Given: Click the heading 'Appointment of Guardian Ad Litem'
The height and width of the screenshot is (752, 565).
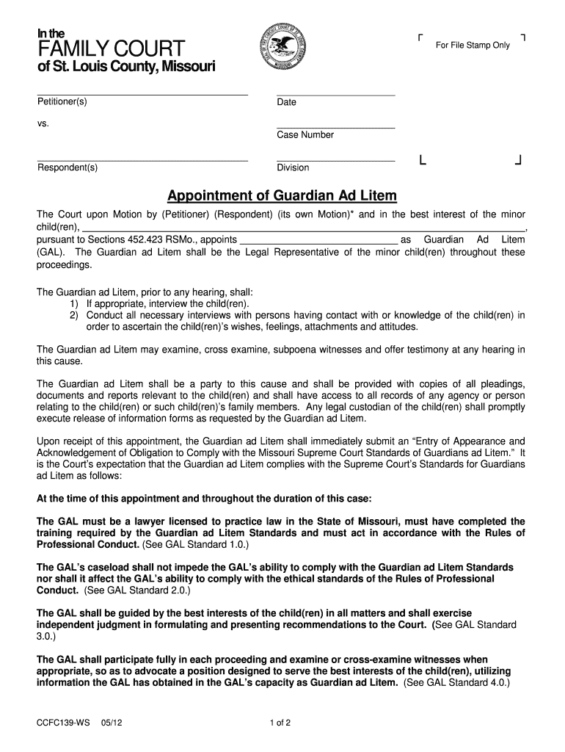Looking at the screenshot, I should click(x=282, y=196).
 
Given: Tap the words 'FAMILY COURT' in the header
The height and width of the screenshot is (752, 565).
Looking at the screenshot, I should click(x=111, y=49).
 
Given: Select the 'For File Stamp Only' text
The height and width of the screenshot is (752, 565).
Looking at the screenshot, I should click(x=473, y=46).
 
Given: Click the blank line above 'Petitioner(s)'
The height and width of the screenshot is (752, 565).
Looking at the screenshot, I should click(x=142, y=94).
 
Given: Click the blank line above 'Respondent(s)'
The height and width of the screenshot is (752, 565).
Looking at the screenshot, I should click(x=142, y=160).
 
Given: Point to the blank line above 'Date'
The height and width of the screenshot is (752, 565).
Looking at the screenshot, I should click(x=335, y=95).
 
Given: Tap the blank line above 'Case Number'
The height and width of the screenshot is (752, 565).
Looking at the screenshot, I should click(x=335, y=128).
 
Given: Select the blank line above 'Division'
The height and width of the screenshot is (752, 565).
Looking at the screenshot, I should click(x=335, y=160).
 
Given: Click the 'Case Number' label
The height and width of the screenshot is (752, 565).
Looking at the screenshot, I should click(x=305, y=135).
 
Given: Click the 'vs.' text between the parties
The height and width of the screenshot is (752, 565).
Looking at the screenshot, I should click(x=43, y=123).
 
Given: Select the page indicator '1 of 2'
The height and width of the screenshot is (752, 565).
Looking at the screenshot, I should click(x=281, y=723).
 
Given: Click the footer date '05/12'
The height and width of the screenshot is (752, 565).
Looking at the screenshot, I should click(x=112, y=723).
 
